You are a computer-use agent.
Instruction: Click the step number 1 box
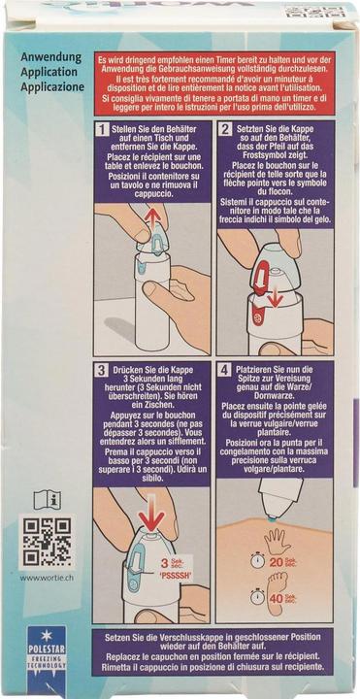pyautogui.click(x=103, y=129)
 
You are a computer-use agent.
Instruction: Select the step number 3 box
pyautogui.click(x=103, y=371)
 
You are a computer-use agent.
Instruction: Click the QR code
pyautogui.click(x=48, y=542)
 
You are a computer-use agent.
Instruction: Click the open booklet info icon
pyautogui.click(x=48, y=499)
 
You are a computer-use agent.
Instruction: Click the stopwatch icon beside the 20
pyautogui.click(x=258, y=560)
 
